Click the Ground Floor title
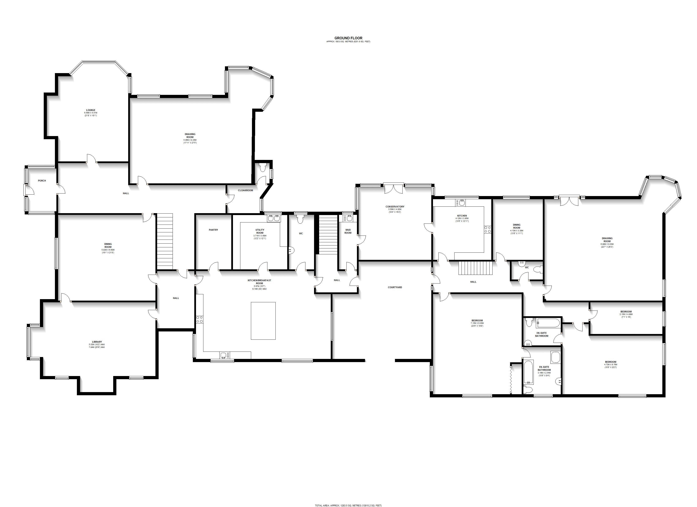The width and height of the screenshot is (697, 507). [348, 38]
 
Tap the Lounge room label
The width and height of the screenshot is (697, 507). [91, 110]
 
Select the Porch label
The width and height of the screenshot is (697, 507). [42, 181]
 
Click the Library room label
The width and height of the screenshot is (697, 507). [97, 342]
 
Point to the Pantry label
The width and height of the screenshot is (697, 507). [213, 230]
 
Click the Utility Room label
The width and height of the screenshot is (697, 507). [260, 231]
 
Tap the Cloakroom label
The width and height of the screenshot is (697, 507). [245, 190]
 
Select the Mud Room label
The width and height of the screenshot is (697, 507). [348, 231]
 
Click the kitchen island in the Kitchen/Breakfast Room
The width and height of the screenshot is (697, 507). [263, 321]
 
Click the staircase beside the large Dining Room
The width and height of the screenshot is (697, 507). [165, 242]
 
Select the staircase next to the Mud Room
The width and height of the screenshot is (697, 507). [328, 234]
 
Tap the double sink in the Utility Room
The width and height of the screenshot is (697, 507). [274, 218]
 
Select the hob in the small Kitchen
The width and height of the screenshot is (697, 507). [487, 229]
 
